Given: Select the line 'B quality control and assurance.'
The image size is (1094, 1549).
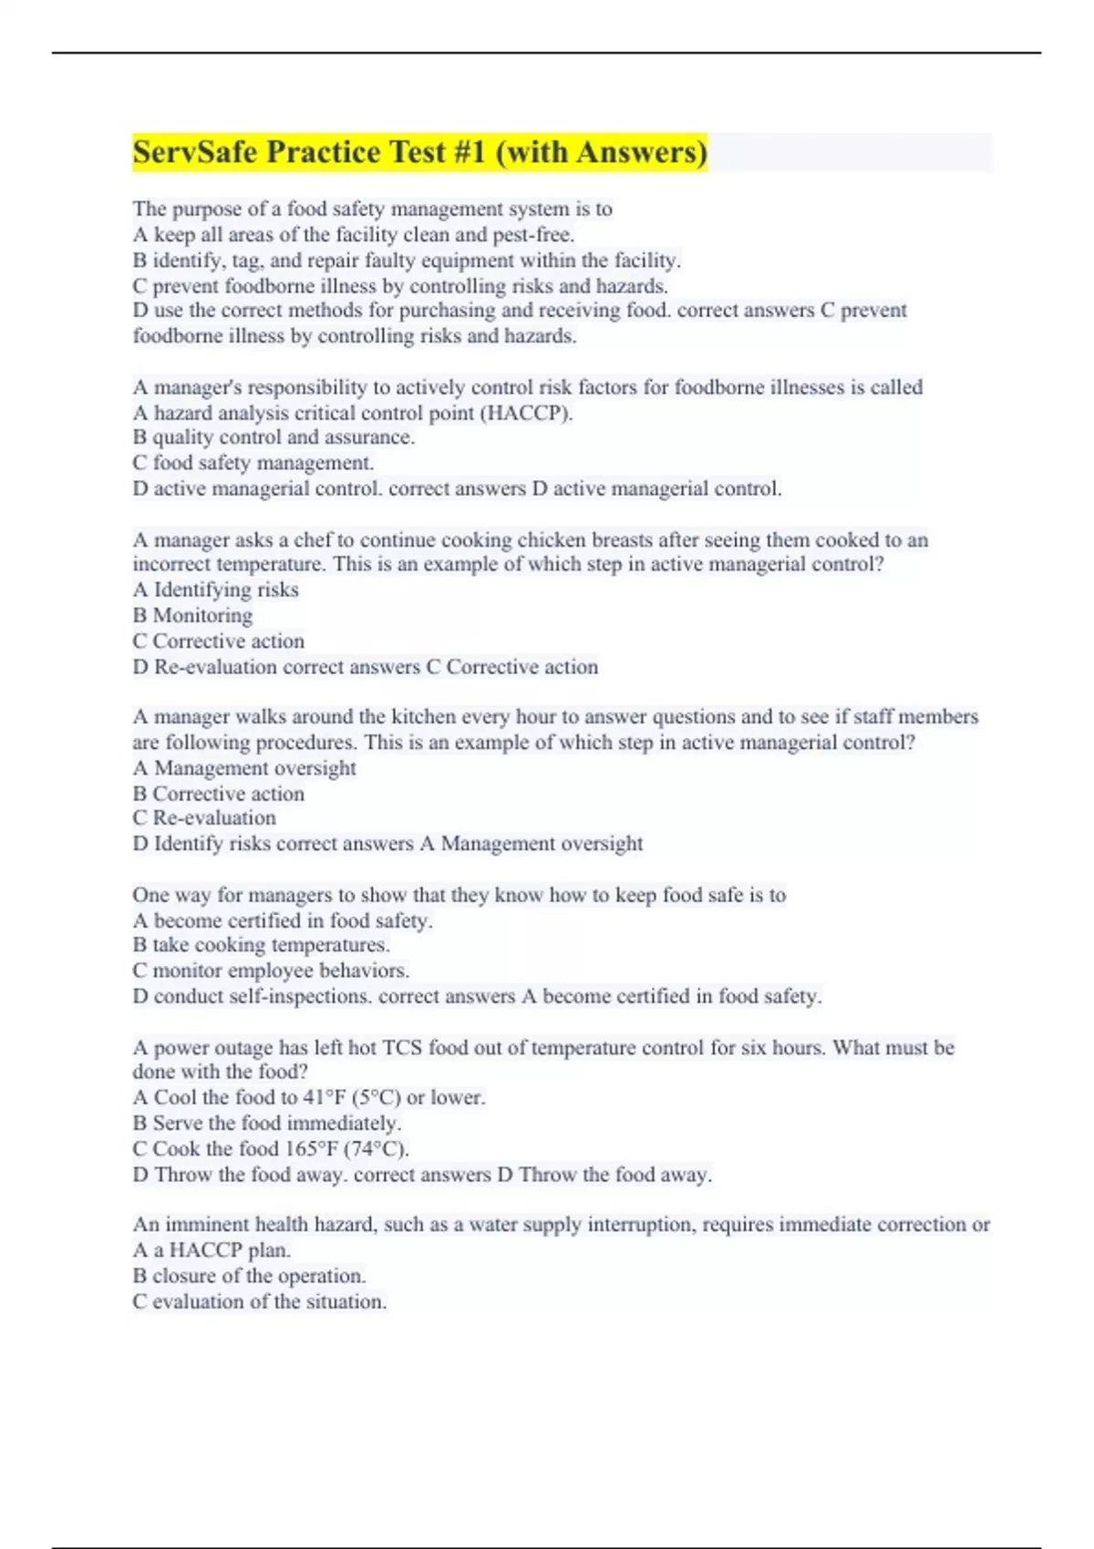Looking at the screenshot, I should coord(273,437).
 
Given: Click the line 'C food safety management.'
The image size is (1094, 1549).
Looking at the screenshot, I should coord(253,463).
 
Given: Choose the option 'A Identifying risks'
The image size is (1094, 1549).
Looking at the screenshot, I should coord(216,590).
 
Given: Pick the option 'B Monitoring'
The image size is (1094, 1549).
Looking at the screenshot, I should coord(192,616).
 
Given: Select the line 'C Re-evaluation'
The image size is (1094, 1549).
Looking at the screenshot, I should coord(204,818).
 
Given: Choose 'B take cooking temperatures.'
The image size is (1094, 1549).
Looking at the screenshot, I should coord(262,945).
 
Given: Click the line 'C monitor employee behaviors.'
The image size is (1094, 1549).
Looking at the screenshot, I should coord(271,970).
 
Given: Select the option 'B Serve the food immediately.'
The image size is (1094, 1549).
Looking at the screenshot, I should coord(267,1123).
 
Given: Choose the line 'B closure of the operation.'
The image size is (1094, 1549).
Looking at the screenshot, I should coord(249,1277).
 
